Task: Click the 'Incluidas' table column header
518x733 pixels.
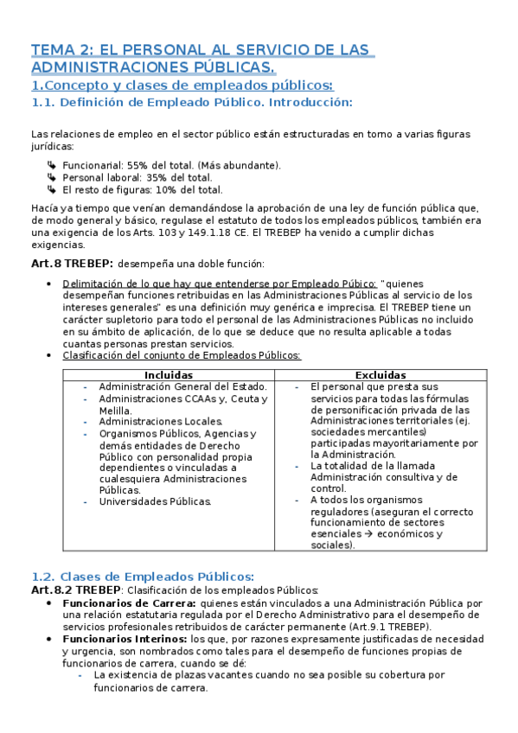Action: coord(169,374)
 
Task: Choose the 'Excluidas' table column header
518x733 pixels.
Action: coord(381,374)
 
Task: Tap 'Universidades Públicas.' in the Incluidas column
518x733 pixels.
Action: coord(155,500)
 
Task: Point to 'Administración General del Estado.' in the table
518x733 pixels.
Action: coord(182,386)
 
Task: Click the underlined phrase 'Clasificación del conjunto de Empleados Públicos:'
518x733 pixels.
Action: coord(182,355)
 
